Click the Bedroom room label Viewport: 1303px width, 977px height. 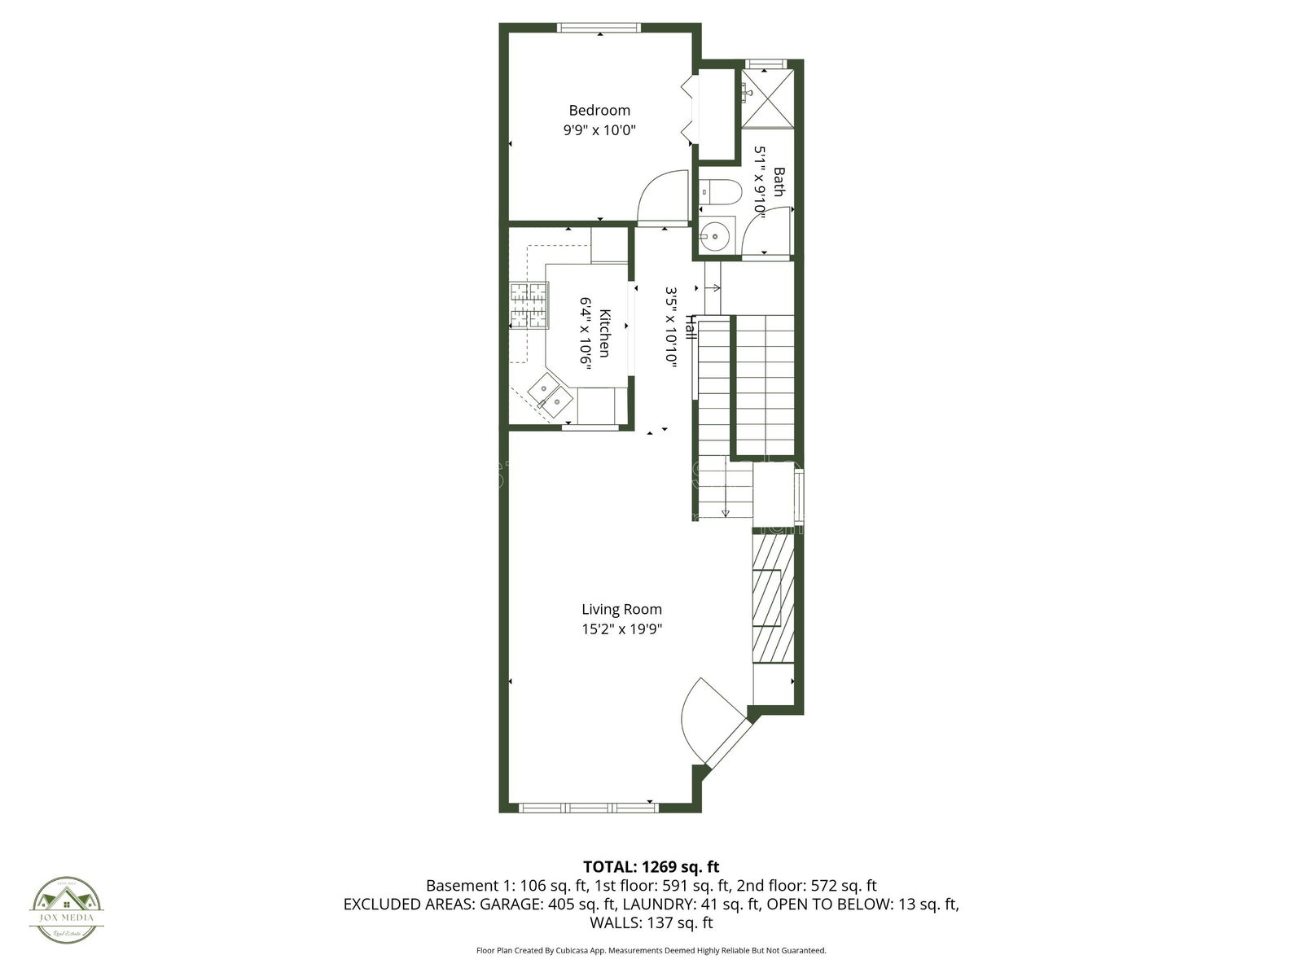tap(599, 111)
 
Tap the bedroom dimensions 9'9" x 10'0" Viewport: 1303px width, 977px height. tap(599, 129)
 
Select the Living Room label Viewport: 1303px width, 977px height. tap(621, 609)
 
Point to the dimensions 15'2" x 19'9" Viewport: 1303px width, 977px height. tap(621, 629)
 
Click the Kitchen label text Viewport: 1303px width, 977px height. tap(605, 333)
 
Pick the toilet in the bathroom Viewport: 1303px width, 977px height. tap(720, 192)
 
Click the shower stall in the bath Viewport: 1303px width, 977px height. tap(767, 99)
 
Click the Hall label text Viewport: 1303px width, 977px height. tap(690, 327)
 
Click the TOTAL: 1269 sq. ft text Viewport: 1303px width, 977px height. tap(651, 866)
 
